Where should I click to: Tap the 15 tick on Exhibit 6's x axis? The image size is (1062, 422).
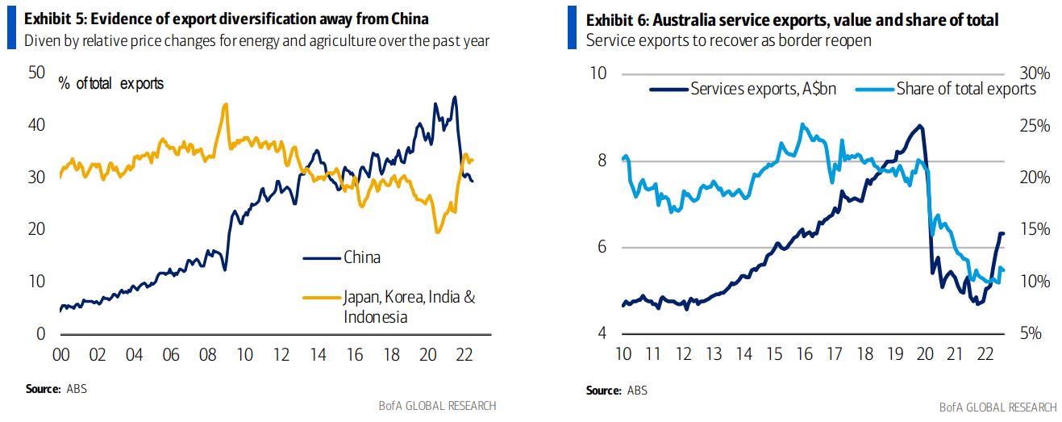773,354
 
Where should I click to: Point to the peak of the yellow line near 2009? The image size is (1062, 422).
225,104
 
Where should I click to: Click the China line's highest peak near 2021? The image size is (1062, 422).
455,98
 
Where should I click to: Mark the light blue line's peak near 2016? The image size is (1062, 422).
802,124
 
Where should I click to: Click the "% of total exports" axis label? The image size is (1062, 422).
110,83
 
